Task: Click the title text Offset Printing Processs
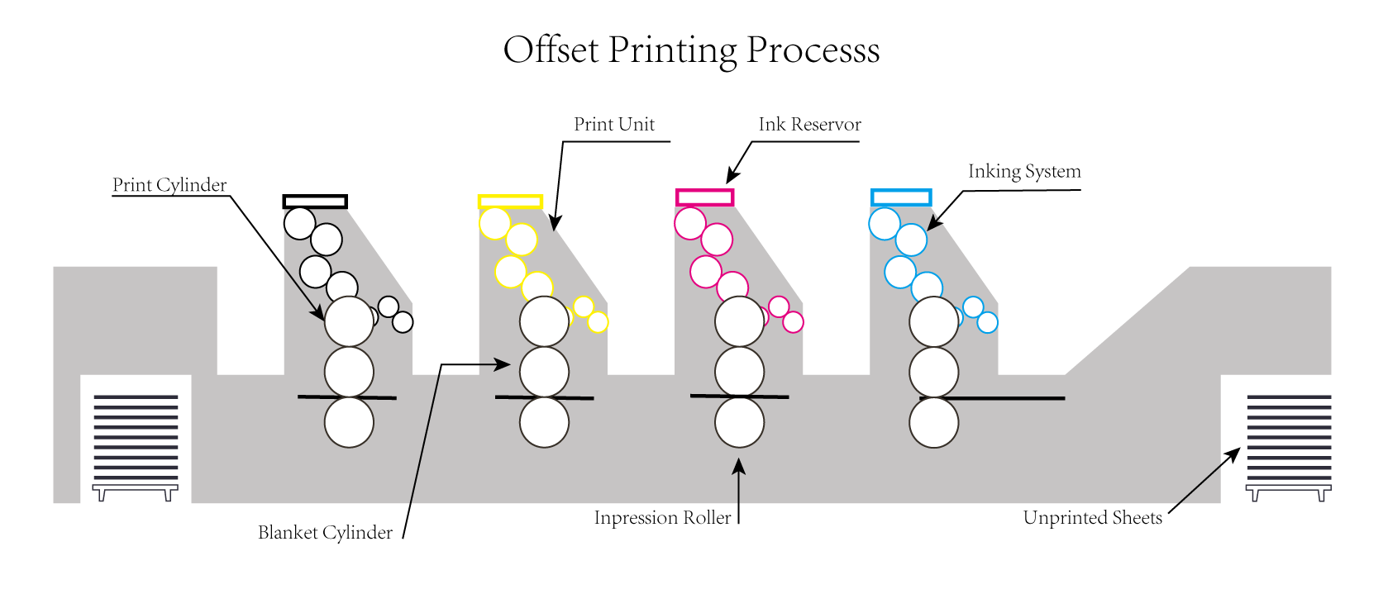tap(691, 50)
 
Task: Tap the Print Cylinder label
tap(169, 185)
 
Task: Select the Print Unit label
tap(614, 125)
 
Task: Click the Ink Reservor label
tap(809, 125)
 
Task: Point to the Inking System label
tap(1024, 172)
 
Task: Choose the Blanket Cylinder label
tap(325, 533)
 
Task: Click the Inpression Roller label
tap(662, 518)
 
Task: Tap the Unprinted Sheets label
tap(1092, 518)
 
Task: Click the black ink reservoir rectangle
tap(315, 202)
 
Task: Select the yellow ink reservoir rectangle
tap(510, 202)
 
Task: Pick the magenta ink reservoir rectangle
tap(704, 197)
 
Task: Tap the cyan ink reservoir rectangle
tap(901, 197)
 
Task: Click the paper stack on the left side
tap(136, 438)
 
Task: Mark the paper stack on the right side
tap(1289, 438)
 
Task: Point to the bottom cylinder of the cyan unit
tap(933, 422)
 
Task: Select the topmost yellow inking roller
tap(495, 223)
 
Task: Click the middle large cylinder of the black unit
tap(349, 372)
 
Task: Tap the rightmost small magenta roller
tap(793, 322)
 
